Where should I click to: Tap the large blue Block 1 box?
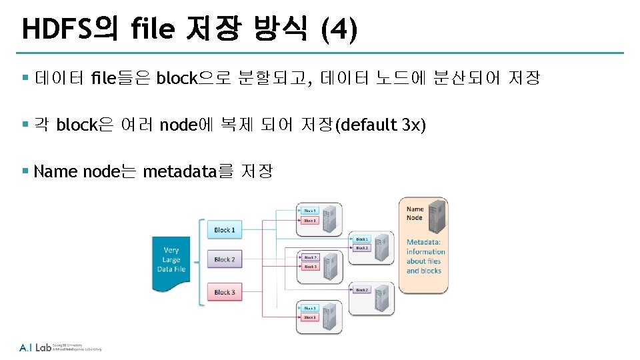coord(225,230)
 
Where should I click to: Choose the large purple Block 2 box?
coord(225,259)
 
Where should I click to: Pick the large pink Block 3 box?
coord(225,292)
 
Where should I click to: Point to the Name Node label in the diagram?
coord(415,213)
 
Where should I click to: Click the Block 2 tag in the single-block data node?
coord(362,290)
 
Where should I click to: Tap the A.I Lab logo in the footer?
coord(35,347)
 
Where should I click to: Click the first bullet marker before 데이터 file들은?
coord(25,79)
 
